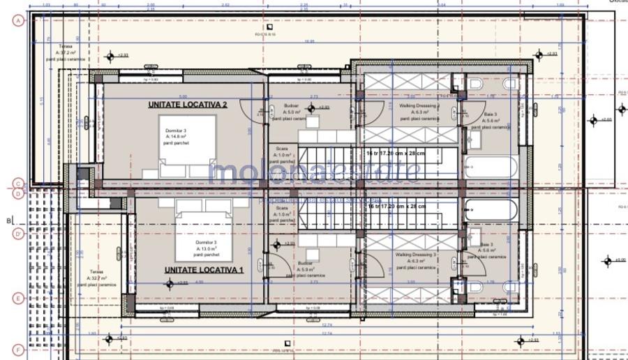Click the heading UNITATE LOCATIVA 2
(187, 105)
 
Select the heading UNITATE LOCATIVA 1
(204, 269)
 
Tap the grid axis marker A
(18, 20)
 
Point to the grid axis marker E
(18, 298)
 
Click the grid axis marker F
(18, 349)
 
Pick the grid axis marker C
(18, 185)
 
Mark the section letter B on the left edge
(9, 221)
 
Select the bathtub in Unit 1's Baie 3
(491, 208)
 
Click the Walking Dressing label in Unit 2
(417, 110)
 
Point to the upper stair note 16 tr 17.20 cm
(405, 151)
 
